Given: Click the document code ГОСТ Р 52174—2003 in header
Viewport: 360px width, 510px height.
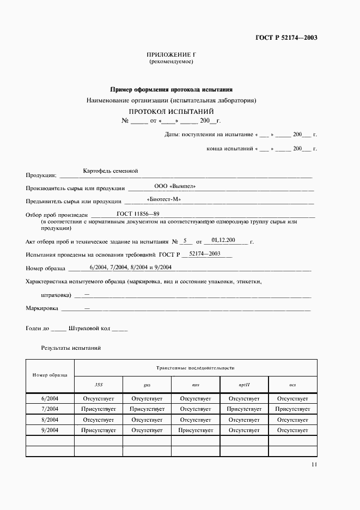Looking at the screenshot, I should click(x=286, y=38).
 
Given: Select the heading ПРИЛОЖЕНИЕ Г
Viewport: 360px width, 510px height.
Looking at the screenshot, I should click(x=171, y=55).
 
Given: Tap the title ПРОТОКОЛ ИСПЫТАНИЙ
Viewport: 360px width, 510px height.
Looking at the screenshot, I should click(x=172, y=111).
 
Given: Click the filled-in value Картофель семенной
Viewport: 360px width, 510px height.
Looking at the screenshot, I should click(x=111, y=171).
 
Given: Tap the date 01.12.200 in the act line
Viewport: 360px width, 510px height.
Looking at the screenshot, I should click(x=223, y=239).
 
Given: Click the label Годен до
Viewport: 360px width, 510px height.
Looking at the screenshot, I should click(x=38, y=329).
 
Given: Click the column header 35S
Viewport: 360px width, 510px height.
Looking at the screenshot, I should click(x=99, y=384).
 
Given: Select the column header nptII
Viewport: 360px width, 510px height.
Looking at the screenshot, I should click(x=244, y=384).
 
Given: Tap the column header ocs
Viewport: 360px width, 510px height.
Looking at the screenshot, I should click(x=292, y=384).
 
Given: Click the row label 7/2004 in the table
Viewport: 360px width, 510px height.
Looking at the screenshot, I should click(x=50, y=409).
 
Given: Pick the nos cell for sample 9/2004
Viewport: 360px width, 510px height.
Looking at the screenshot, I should click(x=196, y=430).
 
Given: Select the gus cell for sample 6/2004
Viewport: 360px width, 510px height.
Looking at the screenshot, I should click(x=147, y=398).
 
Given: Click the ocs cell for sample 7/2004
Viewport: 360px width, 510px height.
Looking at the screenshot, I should click(x=292, y=409).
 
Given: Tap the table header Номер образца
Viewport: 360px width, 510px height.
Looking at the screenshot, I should click(x=50, y=375).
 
